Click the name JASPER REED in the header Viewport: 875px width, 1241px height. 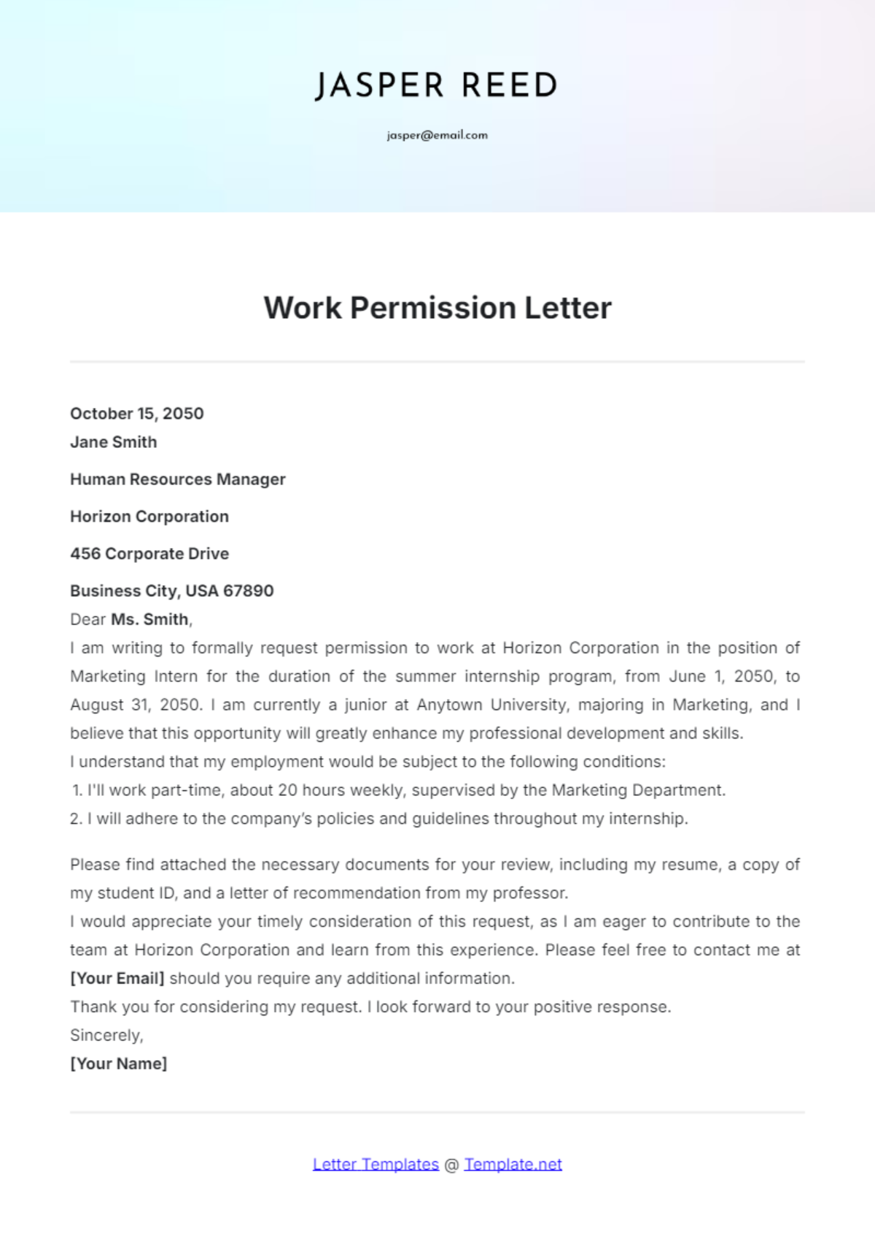click(x=436, y=86)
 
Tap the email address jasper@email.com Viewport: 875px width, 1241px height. click(x=437, y=135)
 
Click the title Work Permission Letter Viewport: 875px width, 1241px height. click(x=437, y=308)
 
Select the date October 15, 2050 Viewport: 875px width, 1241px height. click(x=136, y=414)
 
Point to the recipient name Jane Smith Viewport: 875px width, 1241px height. click(x=113, y=442)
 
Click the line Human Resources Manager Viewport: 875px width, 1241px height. click(x=177, y=479)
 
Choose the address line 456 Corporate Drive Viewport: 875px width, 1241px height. click(x=149, y=554)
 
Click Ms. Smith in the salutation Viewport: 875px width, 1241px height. click(x=150, y=619)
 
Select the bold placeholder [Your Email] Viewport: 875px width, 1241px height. click(x=117, y=978)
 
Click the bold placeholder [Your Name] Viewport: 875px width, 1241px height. click(x=118, y=1064)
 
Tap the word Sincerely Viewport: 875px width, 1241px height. click(x=106, y=1035)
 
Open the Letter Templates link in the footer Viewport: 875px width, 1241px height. click(x=376, y=1164)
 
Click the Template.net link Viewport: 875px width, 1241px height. click(x=513, y=1164)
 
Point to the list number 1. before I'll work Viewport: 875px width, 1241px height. click(x=77, y=790)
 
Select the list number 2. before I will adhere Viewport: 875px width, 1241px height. click(x=76, y=819)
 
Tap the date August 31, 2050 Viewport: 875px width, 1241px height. click(x=135, y=705)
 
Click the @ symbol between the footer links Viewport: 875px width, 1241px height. click(x=451, y=1164)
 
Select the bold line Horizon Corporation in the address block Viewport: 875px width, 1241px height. click(x=149, y=517)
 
